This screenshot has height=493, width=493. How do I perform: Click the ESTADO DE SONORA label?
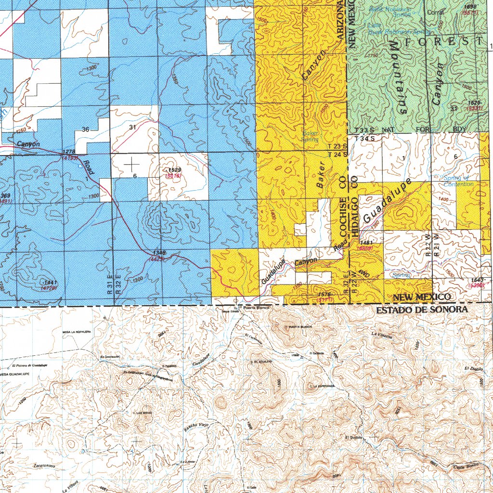coord(422,310)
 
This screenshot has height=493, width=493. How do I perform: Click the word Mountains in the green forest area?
coord(398,77)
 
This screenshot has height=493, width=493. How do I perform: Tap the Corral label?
coord(435,13)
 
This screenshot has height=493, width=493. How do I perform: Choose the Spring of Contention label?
coord(458,181)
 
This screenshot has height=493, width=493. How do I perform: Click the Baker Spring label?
coord(311,136)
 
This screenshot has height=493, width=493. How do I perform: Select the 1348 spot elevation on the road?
coord(159,253)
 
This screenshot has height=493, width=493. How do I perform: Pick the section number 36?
coord(85,129)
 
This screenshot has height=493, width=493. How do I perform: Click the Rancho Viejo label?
coord(195,426)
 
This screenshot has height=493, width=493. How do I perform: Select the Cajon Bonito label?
coord(464,467)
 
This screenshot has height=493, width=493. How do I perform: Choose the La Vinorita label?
coord(382,336)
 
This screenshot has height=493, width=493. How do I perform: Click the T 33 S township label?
coord(364,130)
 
